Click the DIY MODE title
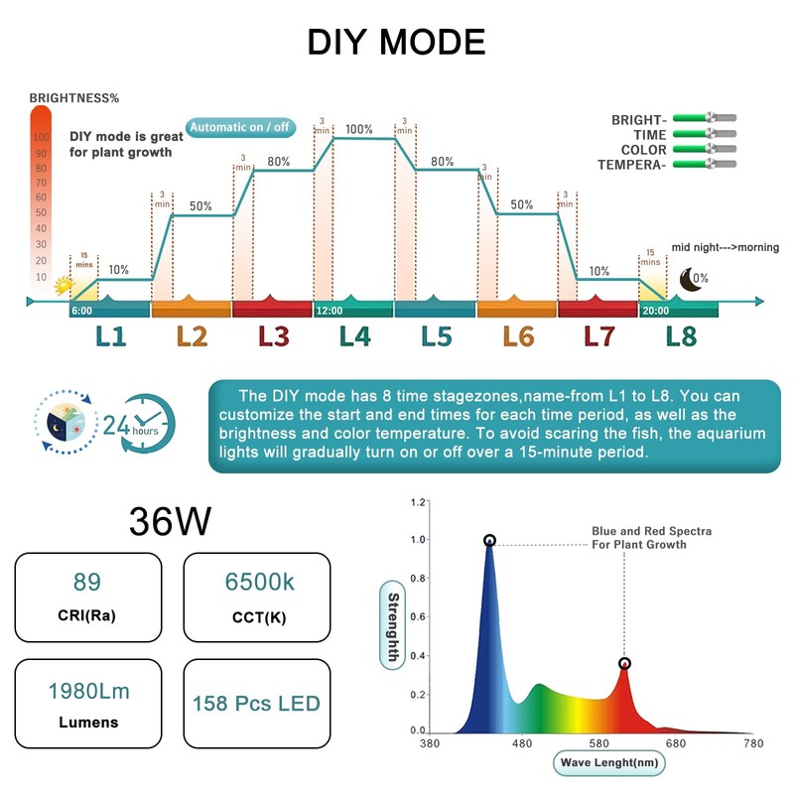point(396,42)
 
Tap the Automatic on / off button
point(239,126)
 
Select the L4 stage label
point(354,336)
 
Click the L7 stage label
point(598,336)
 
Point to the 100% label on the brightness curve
point(359,129)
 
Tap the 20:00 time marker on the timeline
point(655,310)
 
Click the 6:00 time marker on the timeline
point(82,310)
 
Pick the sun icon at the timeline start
point(66,286)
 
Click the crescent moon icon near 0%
point(686,280)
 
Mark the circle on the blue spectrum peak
point(489,541)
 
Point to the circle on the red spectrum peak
point(624,663)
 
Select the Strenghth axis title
point(393,626)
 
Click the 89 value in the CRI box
point(87,582)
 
